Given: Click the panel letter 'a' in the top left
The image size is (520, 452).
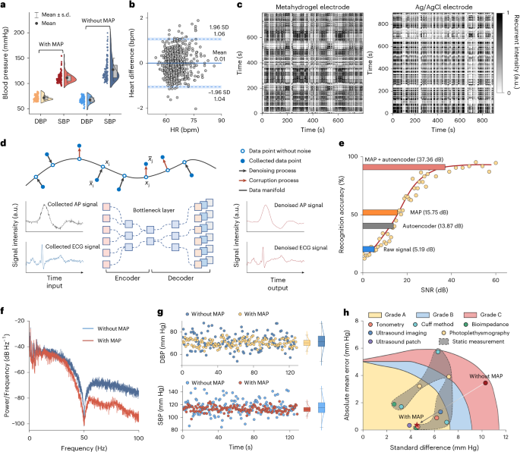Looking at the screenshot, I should (4, 5).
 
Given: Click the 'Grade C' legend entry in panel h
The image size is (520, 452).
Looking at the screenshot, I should (487, 312).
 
